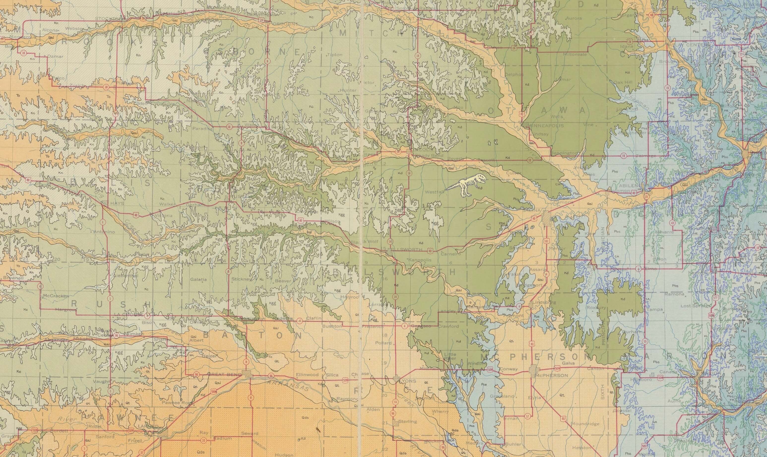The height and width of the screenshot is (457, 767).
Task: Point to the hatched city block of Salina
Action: click(547, 215)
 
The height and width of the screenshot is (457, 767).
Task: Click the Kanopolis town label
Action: click(420, 260)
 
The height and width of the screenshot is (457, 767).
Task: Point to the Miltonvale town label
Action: click(575, 54)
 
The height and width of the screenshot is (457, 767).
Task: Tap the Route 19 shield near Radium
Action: click(203, 441)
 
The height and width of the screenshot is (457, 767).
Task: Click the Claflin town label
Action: click(314, 318)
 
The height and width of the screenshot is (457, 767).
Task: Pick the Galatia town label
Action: click(198, 280)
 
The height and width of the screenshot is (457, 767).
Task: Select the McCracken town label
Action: click(56, 296)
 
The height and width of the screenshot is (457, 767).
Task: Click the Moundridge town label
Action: click(585, 424)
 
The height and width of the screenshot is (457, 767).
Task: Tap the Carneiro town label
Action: click(450, 254)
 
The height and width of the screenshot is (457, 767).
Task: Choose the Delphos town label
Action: click(514, 75)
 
